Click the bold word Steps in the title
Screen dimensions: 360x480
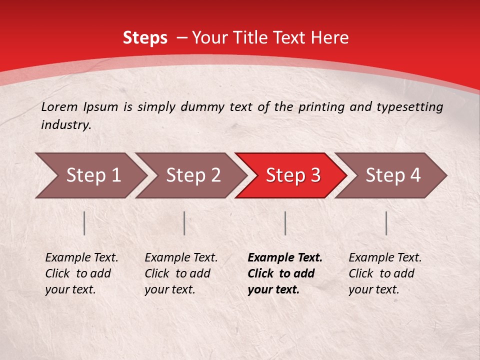click(x=145, y=38)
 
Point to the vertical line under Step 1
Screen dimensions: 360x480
click(x=84, y=223)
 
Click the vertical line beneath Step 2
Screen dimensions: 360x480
click(x=184, y=223)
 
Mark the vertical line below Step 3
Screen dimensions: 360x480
click(x=285, y=223)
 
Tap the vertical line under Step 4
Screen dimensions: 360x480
click(x=386, y=223)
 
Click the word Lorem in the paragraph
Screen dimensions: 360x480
click(x=59, y=106)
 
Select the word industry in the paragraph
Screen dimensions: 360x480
click(x=65, y=125)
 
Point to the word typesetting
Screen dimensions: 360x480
click(x=413, y=107)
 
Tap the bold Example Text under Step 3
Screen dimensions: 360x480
click(x=285, y=258)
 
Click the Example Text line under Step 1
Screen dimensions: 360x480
click(x=81, y=258)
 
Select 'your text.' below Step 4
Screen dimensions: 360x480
click(x=373, y=289)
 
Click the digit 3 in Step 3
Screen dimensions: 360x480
click(x=315, y=175)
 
